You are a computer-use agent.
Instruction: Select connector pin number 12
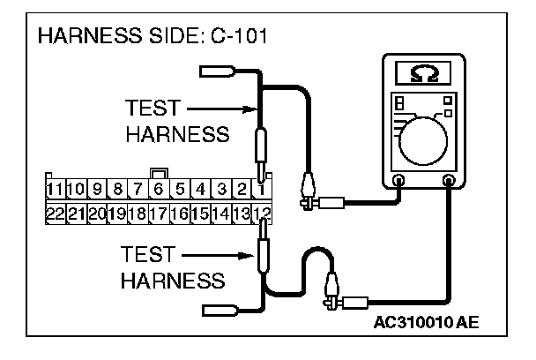[x=262, y=213]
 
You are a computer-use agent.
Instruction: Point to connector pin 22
[x=56, y=213]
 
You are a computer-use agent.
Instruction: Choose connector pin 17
[x=160, y=213]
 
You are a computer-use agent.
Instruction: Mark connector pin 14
[x=220, y=213]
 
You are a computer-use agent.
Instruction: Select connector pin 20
[x=97, y=213]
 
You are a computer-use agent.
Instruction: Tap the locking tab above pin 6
[x=160, y=174]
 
